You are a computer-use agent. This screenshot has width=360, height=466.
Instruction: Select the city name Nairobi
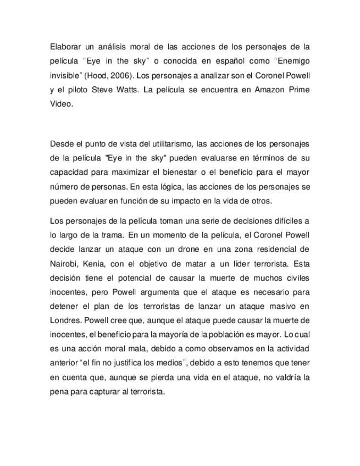(63, 263)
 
